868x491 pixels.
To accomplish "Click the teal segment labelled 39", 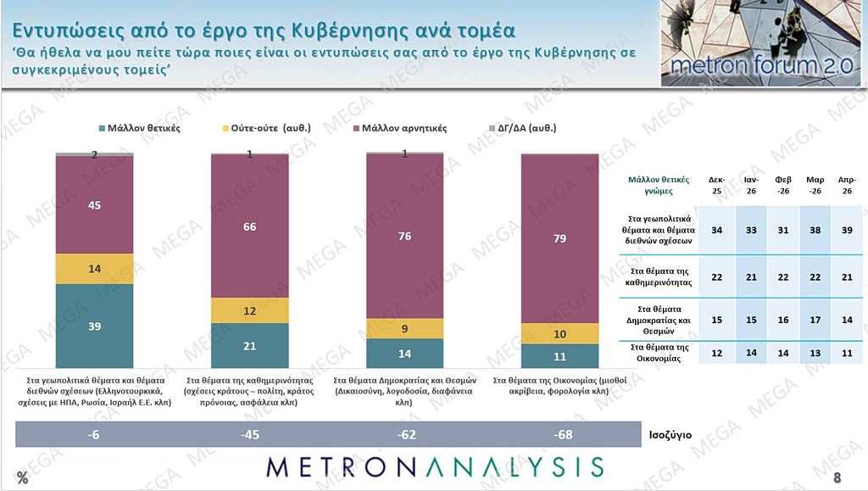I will tap(94, 326).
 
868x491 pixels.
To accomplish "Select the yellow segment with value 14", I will tap(94, 268).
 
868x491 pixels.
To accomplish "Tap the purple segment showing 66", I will tap(249, 226).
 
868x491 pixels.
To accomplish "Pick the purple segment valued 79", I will tap(559, 238).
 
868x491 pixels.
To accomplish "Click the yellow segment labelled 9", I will tap(404, 328).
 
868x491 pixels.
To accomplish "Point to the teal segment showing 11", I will tap(559, 356).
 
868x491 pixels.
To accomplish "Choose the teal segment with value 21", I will tap(249, 346).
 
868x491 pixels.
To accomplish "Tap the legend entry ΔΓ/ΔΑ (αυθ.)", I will tap(524, 128).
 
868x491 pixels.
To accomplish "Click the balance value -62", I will tap(404, 435).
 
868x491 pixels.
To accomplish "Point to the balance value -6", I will tap(94, 435).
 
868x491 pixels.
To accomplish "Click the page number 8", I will tap(837, 477).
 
